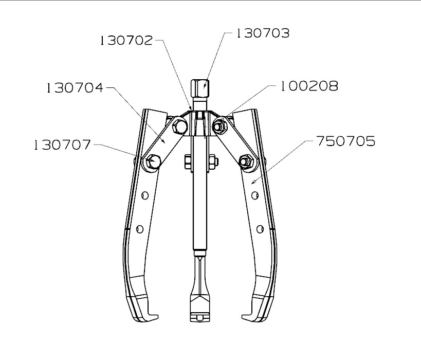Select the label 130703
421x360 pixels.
pyautogui.click(x=263, y=34)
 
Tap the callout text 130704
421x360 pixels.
pyautogui.click(x=75, y=88)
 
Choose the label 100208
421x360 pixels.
pyautogui.click(x=309, y=86)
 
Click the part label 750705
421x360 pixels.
pyautogui.click(x=346, y=141)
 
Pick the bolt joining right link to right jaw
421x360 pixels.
pyautogui.click(x=245, y=161)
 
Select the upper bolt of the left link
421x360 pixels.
pyautogui.click(x=178, y=126)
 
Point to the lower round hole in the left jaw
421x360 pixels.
pyautogui.click(x=139, y=228)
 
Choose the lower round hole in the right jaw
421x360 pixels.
pyautogui.click(x=260, y=228)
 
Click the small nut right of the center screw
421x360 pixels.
pyautogui.click(x=213, y=162)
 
